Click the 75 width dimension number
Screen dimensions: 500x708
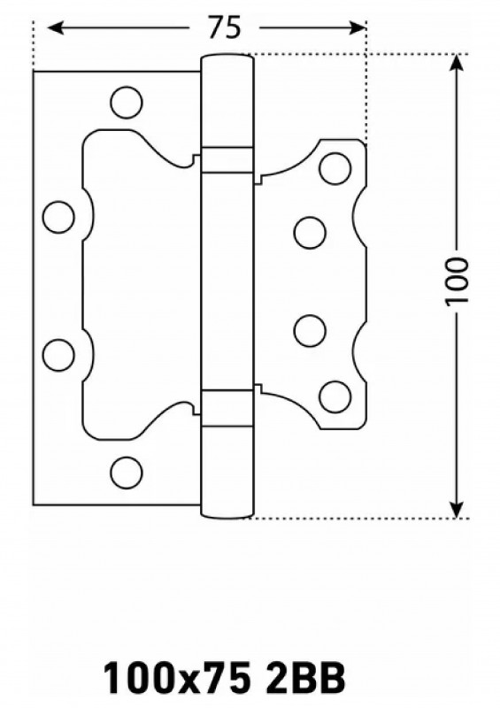click(224, 28)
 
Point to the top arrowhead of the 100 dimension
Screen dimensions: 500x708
click(458, 62)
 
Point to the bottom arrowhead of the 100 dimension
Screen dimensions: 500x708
click(458, 508)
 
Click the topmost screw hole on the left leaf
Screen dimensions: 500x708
click(127, 103)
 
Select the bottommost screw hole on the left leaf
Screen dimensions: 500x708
click(127, 473)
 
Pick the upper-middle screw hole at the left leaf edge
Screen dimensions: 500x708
click(58, 217)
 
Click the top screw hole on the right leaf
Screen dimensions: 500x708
click(335, 169)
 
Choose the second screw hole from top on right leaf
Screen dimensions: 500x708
click(310, 233)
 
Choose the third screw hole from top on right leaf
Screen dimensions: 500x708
click(310, 330)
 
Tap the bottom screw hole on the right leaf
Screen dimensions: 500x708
click(335, 396)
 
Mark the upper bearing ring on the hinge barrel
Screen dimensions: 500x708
click(227, 160)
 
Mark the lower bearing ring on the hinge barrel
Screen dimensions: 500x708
click(227, 407)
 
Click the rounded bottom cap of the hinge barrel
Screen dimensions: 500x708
click(227, 512)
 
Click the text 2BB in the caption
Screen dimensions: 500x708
click(306, 677)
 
